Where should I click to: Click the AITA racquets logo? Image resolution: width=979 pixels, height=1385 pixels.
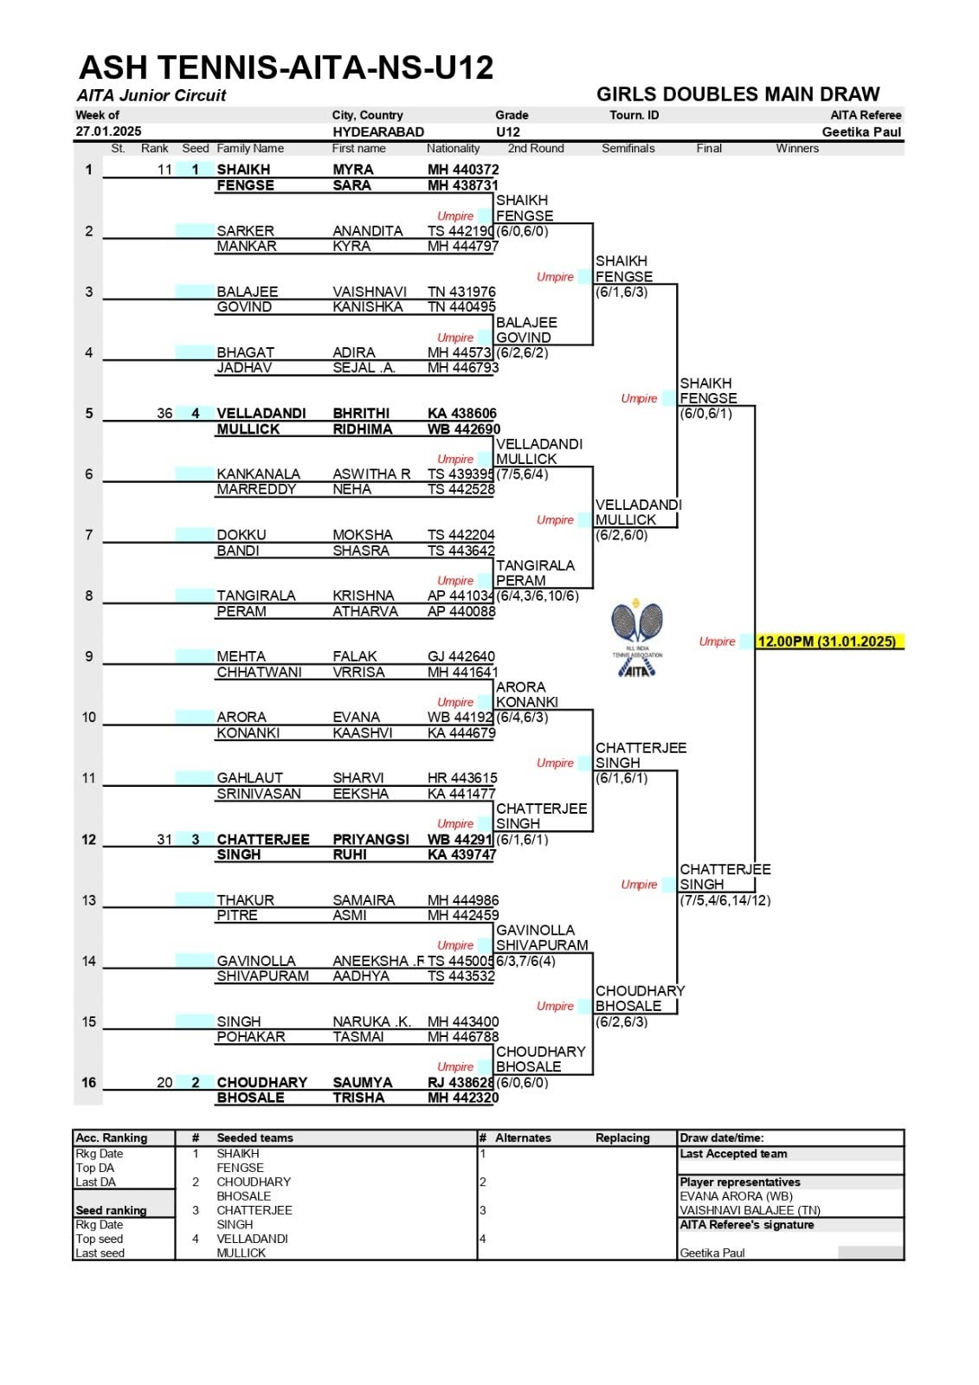637,637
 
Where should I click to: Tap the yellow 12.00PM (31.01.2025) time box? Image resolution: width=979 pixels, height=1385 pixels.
829,641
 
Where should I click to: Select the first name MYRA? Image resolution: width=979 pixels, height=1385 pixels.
353,170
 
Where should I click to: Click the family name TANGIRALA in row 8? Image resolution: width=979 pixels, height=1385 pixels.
256,596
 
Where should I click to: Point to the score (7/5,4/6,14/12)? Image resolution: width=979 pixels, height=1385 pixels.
725,900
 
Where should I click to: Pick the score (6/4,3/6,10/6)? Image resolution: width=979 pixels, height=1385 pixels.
538,596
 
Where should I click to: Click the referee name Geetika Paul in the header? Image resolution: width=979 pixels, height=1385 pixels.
861,132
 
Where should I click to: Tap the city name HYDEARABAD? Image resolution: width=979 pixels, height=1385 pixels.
378,132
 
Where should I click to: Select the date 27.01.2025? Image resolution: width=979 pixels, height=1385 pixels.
109,131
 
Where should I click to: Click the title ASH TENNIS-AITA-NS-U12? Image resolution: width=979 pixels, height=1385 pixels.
287,67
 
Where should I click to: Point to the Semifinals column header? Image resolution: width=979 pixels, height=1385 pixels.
628,148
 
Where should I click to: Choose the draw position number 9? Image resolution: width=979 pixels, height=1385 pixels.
89,657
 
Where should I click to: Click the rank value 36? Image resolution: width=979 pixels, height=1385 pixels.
164,413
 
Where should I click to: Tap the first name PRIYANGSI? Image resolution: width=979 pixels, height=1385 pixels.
371,839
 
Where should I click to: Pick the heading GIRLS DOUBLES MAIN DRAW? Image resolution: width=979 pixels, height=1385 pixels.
737,94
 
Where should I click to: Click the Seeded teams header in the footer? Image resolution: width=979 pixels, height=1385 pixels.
254,1137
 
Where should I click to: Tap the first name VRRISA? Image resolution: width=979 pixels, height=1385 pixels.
358,672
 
